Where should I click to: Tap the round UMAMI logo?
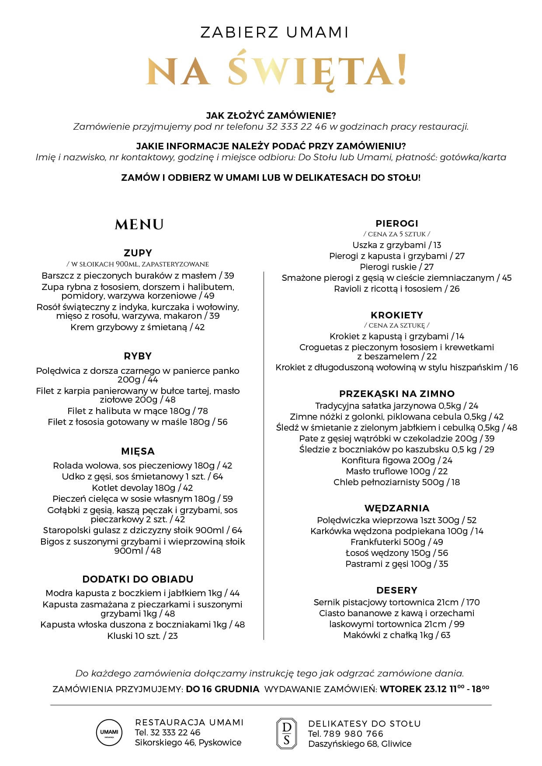coord(109,732)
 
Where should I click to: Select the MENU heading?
coord(139,224)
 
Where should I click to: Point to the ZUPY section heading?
coord(138,253)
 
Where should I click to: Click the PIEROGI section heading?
coord(397,223)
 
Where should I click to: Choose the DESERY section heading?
coord(397,590)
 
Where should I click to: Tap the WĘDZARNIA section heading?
coord(397,508)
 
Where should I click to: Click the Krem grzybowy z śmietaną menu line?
coord(138,327)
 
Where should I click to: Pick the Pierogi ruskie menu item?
coord(397,267)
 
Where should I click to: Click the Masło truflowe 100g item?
coord(397,471)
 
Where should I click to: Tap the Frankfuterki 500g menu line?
coord(397,542)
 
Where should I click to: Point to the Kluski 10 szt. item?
coord(142,636)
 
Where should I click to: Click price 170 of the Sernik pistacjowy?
coord(473,602)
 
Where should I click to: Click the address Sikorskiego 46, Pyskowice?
coord(188,742)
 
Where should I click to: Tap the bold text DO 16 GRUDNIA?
coord(222,689)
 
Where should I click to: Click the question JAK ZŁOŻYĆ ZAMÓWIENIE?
coord(271,116)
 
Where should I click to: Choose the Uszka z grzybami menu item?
coord(397,245)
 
